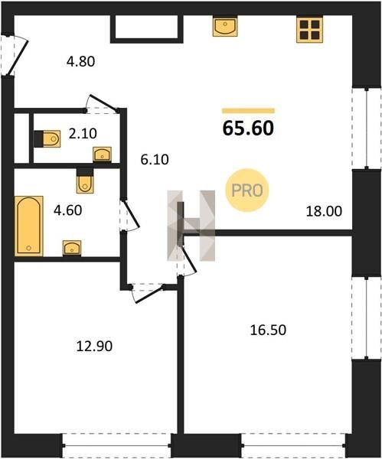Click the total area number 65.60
point(248,129)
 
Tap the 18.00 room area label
point(324,211)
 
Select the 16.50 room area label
point(268,330)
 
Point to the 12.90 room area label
point(94,347)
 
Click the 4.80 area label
point(81,62)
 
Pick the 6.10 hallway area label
point(155,160)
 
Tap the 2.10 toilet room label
point(83,134)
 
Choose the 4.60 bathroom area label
point(68,210)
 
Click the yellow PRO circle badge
point(247,190)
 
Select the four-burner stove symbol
point(309,30)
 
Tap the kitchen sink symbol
point(225,27)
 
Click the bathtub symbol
point(29,226)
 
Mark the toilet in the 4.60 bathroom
point(85,181)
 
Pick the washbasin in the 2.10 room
point(102,155)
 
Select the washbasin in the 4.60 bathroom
point(72,248)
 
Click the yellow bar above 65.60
point(249,110)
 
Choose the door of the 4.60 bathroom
point(130,214)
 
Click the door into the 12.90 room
point(148,293)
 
